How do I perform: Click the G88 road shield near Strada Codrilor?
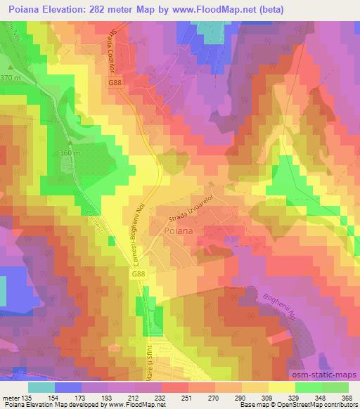click(x=115, y=84)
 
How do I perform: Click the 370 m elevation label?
click(x=12, y=77)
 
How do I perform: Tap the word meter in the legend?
click(x=11, y=396)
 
